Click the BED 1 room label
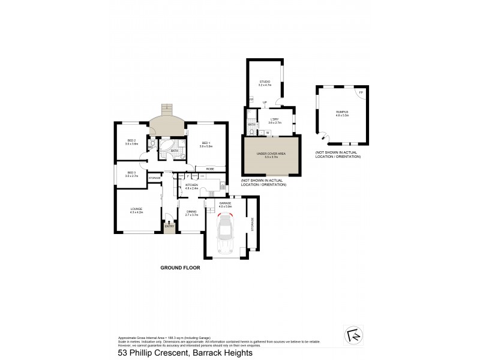[x=205, y=142]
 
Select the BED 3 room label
[x=131, y=173]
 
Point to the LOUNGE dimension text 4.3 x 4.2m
[x=137, y=212]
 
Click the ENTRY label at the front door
[x=169, y=226]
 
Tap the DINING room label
[x=191, y=211]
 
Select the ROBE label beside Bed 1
[x=210, y=169]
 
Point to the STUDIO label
[x=265, y=82]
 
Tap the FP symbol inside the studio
[x=251, y=98]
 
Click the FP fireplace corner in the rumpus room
[x=361, y=93]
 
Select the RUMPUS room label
[x=341, y=112]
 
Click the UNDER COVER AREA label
[x=271, y=154]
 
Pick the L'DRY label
[x=274, y=119]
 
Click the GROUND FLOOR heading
[x=179, y=268]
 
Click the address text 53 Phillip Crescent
[x=157, y=353]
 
